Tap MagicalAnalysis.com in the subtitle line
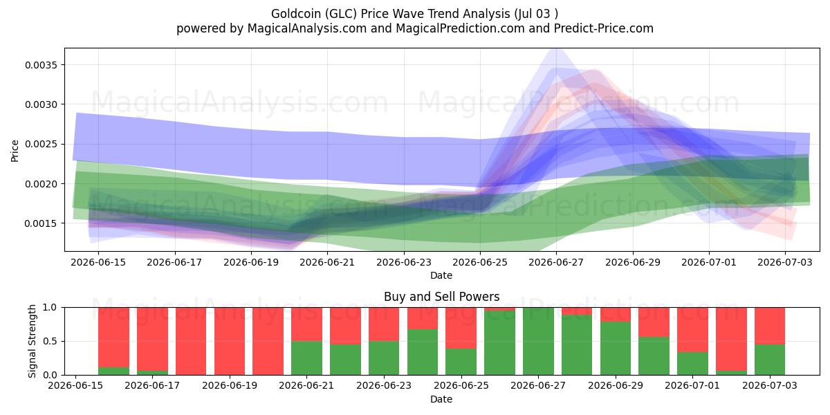tap(307, 28)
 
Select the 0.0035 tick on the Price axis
tap(41, 65)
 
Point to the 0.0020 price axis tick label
tap(41, 184)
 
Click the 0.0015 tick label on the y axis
tap(41, 223)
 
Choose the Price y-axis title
tap(15, 151)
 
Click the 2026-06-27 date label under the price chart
tap(556, 263)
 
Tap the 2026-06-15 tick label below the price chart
tap(98, 263)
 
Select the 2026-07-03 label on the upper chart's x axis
tap(785, 263)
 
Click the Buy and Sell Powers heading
tap(442, 297)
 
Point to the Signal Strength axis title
tap(33, 341)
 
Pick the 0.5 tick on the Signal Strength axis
tap(50, 341)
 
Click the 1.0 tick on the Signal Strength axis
tap(50, 308)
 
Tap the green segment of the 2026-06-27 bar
tap(538, 341)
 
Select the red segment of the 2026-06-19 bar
tap(230, 341)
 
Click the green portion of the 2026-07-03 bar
tap(770, 360)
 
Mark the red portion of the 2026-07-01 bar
tap(692, 330)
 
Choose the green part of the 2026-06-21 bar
tap(307, 358)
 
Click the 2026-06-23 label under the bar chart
tap(384, 386)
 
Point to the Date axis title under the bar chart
tap(441, 400)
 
